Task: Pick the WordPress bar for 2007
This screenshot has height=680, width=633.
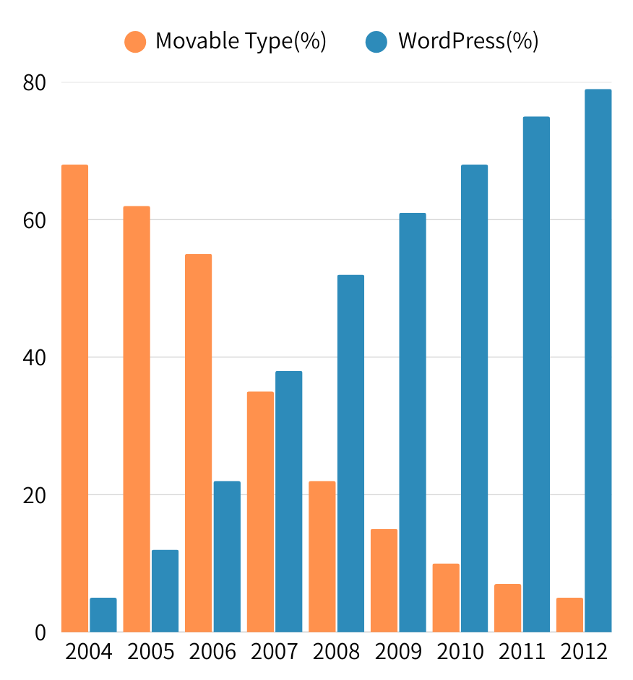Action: pyautogui.click(x=289, y=502)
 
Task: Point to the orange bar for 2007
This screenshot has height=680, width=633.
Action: pyautogui.click(x=260, y=512)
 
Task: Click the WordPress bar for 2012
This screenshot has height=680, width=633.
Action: pyautogui.click(x=598, y=361)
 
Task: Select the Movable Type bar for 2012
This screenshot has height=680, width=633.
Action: pyautogui.click(x=569, y=615)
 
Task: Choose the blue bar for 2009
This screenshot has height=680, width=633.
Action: pyautogui.click(x=413, y=422)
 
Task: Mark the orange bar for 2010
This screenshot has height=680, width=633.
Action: pyautogui.click(x=446, y=598)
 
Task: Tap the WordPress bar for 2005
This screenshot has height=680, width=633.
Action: pyautogui.click(x=165, y=591)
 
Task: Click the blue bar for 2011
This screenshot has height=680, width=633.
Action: pyautogui.click(x=536, y=375)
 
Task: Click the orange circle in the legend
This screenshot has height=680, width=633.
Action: pyautogui.click(x=135, y=42)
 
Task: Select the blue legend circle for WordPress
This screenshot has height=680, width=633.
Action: pyautogui.click(x=377, y=42)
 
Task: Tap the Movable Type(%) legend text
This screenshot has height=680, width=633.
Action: pyautogui.click(x=241, y=42)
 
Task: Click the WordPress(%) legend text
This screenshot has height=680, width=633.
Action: pyautogui.click(x=468, y=42)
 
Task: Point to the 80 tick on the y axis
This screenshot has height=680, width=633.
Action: pyautogui.click(x=34, y=83)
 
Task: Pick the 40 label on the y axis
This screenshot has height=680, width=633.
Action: pyautogui.click(x=34, y=358)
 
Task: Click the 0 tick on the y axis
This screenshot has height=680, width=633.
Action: pyautogui.click(x=39, y=633)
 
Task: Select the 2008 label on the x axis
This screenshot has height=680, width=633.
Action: pyautogui.click(x=337, y=653)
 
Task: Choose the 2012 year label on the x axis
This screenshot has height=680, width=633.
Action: pyautogui.click(x=584, y=653)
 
